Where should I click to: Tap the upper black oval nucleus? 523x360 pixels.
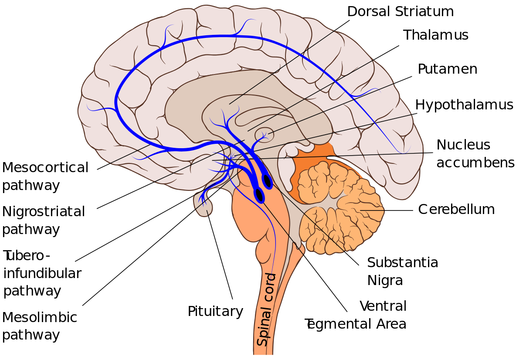click(x=267, y=180)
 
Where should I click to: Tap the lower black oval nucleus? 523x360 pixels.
click(x=259, y=195)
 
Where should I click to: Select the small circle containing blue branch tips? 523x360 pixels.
click(x=264, y=135)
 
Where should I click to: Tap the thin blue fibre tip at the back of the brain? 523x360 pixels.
click(x=403, y=150)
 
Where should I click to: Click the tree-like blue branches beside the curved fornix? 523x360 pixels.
click(x=224, y=122)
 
